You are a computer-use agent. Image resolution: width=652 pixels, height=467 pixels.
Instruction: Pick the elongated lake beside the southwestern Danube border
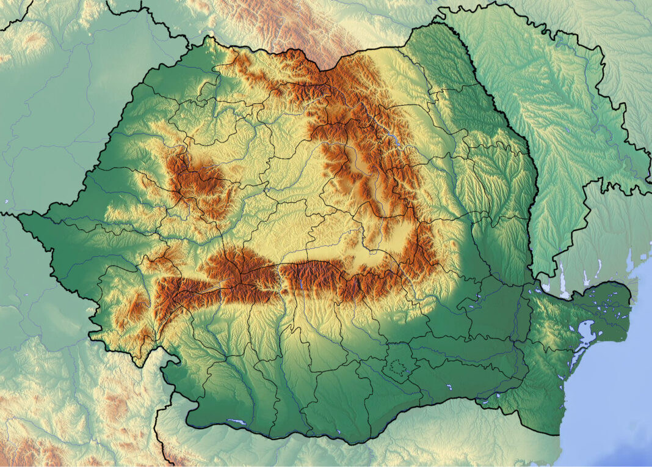tap(237, 422)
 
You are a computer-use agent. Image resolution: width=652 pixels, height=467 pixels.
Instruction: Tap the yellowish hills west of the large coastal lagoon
tap(549, 324)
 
